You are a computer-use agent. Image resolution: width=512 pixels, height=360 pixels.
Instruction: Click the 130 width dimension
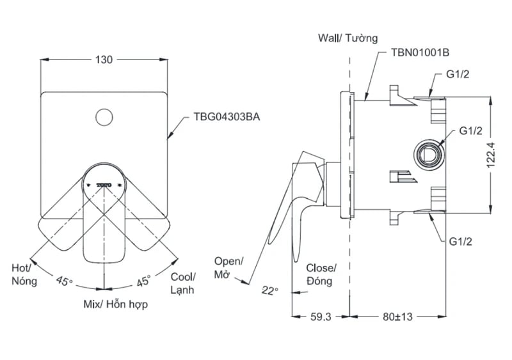[104, 59]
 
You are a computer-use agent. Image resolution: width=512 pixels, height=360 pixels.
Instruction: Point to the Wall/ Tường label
[348, 38]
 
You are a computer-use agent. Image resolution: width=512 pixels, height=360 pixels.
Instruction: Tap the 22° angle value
[269, 291]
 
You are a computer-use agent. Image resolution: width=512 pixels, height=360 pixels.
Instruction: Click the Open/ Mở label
[228, 268]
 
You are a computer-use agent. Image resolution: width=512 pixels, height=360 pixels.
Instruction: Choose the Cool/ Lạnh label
[183, 283]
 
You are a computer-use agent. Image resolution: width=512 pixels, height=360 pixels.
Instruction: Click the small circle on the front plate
[103, 117]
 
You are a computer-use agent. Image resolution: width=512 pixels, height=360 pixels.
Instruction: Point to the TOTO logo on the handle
[104, 184]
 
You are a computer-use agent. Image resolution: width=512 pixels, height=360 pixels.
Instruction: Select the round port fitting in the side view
[428, 152]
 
